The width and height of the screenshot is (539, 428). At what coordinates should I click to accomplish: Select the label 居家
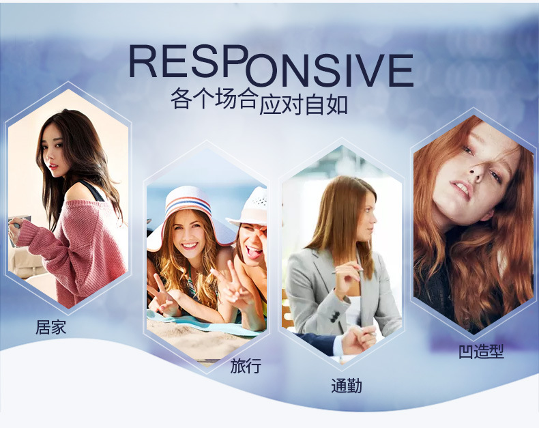coord(50,326)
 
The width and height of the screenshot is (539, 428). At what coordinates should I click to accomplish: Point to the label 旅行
coord(246,366)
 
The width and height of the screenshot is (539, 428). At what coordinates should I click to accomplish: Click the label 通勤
coord(347,386)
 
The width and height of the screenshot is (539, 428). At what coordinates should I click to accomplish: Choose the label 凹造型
coord(481,352)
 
